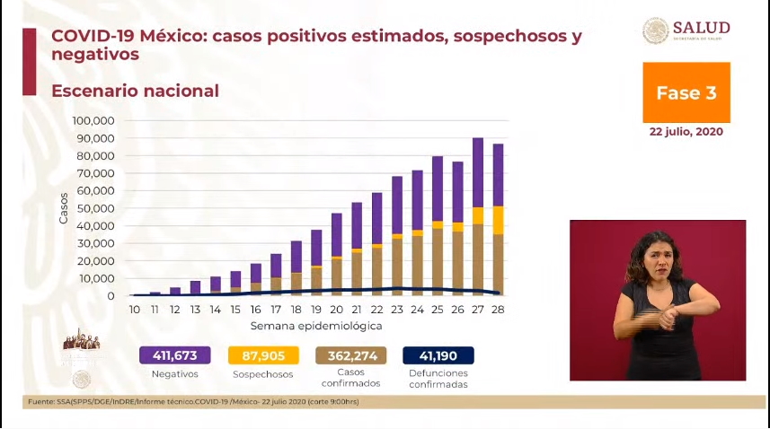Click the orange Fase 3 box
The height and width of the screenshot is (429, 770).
pos(686,92)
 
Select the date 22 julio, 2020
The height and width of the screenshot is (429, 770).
pos(686,131)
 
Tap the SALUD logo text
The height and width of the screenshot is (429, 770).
pos(701,28)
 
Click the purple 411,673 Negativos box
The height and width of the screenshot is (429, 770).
pos(174,355)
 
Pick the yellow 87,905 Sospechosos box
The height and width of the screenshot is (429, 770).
pos(262,355)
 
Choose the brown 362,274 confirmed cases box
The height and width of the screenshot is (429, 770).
pos(350,355)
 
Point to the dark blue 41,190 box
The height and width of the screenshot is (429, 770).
pos(438,355)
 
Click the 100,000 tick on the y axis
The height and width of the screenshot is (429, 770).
pos(93,120)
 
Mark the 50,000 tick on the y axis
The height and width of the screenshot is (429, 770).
pos(95,208)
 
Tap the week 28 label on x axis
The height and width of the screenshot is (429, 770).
pos(498,309)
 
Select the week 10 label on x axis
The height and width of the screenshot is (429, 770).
pos(135,309)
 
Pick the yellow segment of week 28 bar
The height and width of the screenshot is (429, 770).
pos(498,220)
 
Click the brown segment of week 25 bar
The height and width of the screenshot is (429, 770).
pos(437,260)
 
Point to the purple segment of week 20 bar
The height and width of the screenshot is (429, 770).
pos(336,234)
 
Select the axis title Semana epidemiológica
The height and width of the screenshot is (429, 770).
pos(315,325)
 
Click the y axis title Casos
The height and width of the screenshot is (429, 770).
pos(63,208)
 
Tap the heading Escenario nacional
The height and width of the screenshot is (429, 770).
pos(135,92)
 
